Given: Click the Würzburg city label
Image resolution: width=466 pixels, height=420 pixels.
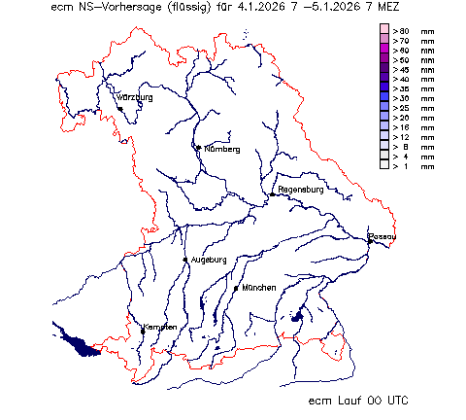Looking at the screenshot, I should [134, 97].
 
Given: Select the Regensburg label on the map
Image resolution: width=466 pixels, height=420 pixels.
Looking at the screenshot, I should [300, 189].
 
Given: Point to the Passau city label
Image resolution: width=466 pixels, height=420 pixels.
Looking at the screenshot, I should [383, 236].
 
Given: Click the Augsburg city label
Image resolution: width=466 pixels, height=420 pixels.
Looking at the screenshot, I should [209, 260].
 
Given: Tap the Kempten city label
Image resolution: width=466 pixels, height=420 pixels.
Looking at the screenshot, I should [160, 327].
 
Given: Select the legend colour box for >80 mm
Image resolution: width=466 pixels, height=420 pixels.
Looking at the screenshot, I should [384, 31].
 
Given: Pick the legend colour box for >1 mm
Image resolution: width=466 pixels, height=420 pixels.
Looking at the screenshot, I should [384, 166].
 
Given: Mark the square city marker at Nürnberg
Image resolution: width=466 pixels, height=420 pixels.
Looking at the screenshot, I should [198, 148].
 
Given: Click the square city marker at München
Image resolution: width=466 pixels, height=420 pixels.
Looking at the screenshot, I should [236, 288].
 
